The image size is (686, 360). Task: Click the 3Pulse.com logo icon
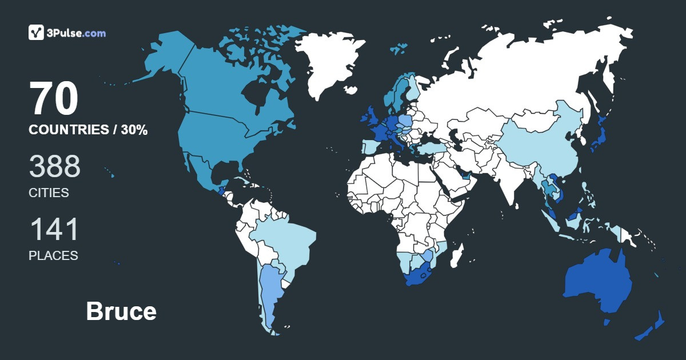pyautogui.click(x=37, y=33)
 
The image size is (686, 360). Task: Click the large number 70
pyautogui.click(x=54, y=99)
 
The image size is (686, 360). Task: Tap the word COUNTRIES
pyautogui.click(x=68, y=130)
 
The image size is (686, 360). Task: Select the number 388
pyautogui.click(x=54, y=166)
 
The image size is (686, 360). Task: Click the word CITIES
pyautogui.click(x=49, y=193)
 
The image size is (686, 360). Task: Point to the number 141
pyautogui.click(x=54, y=229)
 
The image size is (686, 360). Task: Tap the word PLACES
pyautogui.click(x=53, y=255)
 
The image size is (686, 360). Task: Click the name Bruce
pyautogui.click(x=121, y=311)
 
